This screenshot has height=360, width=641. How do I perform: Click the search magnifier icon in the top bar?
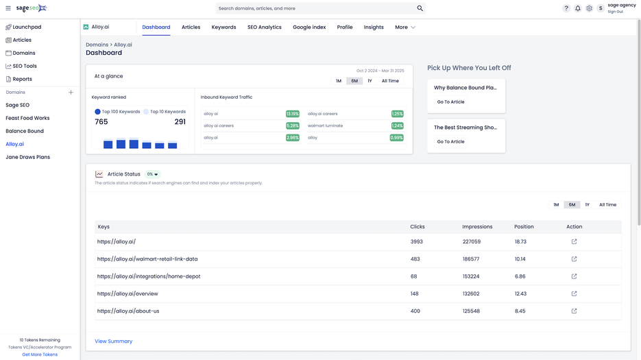coord(420,8)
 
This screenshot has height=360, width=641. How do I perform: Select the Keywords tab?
coord(223,27)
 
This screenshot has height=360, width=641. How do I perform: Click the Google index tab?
coord(309,27)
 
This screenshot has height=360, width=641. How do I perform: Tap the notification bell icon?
coord(577,8)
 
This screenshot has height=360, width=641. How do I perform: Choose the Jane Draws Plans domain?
coord(27,157)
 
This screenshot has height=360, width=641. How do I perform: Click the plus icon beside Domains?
coord(71,92)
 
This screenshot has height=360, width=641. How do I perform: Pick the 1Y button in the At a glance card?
coord(370,81)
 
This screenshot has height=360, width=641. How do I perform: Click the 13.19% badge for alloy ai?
coord(292,114)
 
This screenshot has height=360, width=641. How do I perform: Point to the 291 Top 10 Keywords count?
coord(180,121)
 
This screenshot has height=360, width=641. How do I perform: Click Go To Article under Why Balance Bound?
coord(450,101)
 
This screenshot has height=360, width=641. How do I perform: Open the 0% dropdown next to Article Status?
coord(152,174)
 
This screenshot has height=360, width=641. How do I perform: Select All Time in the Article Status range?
coord(607,204)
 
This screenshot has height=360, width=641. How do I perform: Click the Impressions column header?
coord(477,226)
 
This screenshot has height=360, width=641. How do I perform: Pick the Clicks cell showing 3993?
coord(417,241)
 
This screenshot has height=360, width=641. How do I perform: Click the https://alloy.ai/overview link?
coord(128,293)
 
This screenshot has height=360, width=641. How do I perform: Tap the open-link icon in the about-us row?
coord(574,311)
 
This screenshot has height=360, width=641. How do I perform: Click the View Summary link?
coord(114,341)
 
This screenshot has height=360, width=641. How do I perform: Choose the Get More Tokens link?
coord(40,355)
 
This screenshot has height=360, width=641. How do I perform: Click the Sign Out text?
coord(615,12)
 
